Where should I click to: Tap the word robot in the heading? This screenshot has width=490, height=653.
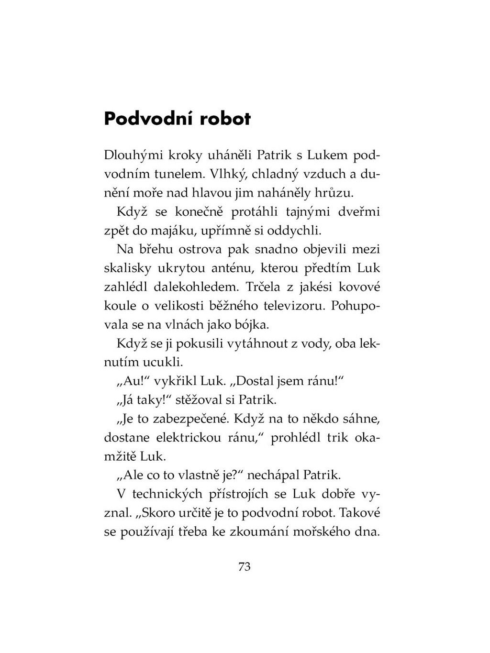[224, 119]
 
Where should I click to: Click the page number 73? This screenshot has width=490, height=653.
[244, 567]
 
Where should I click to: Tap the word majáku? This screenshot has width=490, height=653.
[174, 231]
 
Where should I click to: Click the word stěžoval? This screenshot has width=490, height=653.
[199, 399]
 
